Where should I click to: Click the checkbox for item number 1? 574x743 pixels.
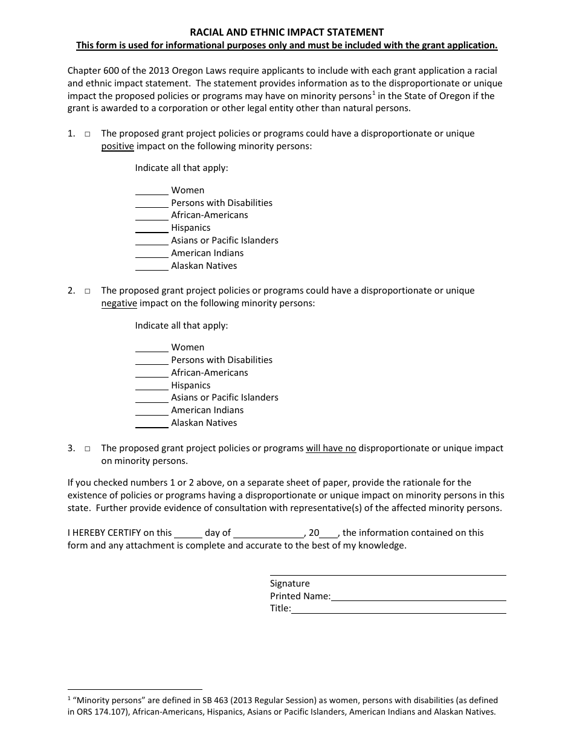tap(88, 134)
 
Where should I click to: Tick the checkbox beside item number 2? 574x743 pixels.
tap(88, 291)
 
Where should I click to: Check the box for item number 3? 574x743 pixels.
tap(88, 449)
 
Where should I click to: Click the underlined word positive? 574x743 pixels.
tap(117, 146)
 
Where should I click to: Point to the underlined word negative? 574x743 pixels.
tap(119, 303)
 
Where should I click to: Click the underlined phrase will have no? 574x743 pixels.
tap(331, 448)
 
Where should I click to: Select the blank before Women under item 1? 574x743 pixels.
tap(151, 191)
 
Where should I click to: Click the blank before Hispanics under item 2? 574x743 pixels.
tap(151, 386)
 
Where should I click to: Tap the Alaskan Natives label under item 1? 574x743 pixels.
tap(204, 266)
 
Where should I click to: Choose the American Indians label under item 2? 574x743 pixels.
tap(207, 410)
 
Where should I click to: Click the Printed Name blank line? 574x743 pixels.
tap(418, 597)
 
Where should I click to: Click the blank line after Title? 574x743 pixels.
tap(398, 610)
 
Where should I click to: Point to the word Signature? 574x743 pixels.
tap(289, 584)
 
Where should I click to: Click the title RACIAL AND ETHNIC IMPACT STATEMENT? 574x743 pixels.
tap(287, 32)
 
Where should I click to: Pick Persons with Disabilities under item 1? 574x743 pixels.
tap(222, 203)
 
